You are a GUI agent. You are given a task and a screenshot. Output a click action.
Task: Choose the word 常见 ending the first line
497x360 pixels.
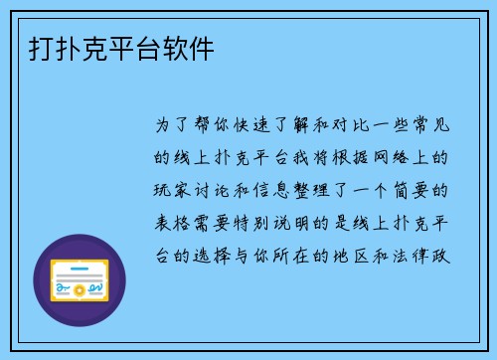coord(438,126)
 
